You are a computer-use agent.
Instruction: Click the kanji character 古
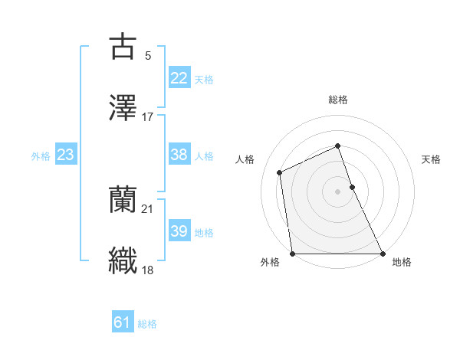click(x=123, y=47)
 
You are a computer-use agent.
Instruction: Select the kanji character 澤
click(x=123, y=108)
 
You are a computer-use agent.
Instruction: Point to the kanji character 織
click(x=123, y=261)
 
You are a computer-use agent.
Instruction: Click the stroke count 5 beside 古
click(x=147, y=56)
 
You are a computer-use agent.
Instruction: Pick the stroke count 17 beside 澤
click(x=148, y=117)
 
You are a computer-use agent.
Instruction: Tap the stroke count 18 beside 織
click(x=148, y=270)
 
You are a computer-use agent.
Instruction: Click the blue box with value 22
click(x=179, y=78)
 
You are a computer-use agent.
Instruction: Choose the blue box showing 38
click(x=179, y=155)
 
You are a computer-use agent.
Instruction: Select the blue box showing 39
click(x=179, y=231)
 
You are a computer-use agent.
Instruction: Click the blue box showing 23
click(x=66, y=155)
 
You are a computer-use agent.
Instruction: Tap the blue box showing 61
click(x=123, y=322)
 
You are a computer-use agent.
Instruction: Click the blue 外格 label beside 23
click(x=41, y=156)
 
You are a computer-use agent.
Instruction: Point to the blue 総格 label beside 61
click(x=147, y=324)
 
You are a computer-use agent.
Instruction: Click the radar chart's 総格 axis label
click(x=338, y=100)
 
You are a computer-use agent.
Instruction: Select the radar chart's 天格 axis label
click(x=432, y=159)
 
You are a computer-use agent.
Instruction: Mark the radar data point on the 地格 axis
click(x=383, y=254)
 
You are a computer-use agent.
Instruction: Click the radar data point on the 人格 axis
click(x=280, y=172)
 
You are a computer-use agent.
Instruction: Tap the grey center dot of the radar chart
click(x=338, y=191)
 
